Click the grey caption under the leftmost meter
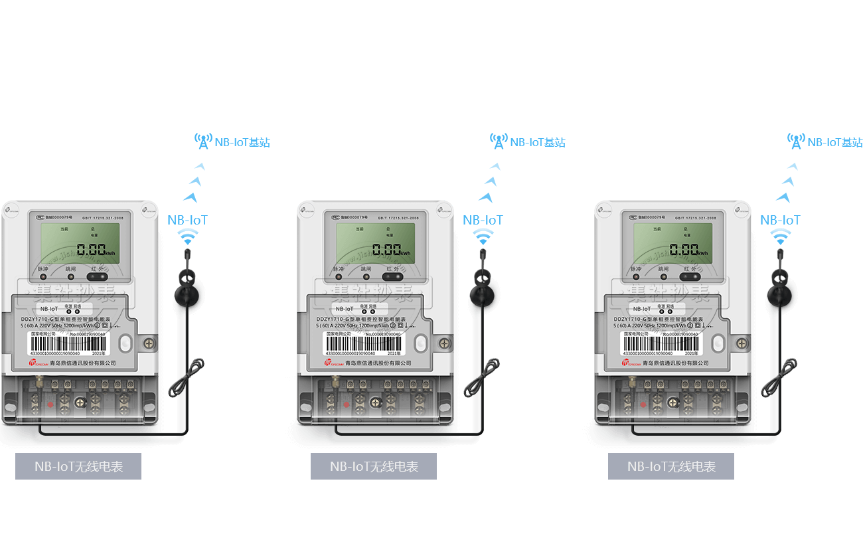[x=78, y=466]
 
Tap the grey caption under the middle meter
[x=374, y=466]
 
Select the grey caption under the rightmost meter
[x=671, y=466]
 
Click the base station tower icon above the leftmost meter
[x=203, y=141]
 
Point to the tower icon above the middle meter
[x=499, y=141]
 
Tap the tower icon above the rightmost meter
[x=796, y=141]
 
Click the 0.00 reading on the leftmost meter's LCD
[x=91, y=250]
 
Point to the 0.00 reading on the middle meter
[x=386, y=250]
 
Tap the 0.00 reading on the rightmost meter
[x=684, y=250]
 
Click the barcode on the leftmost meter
[x=66, y=343]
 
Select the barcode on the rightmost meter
[x=660, y=343]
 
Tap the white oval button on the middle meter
[x=420, y=343]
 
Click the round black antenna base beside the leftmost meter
[x=188, y=296]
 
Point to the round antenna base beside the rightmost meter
[x=780, y=296]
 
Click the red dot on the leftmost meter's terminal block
[x=49, y=405]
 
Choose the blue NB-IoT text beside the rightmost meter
[x=780, y=220]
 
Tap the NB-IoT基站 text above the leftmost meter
[x=242, y=142]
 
